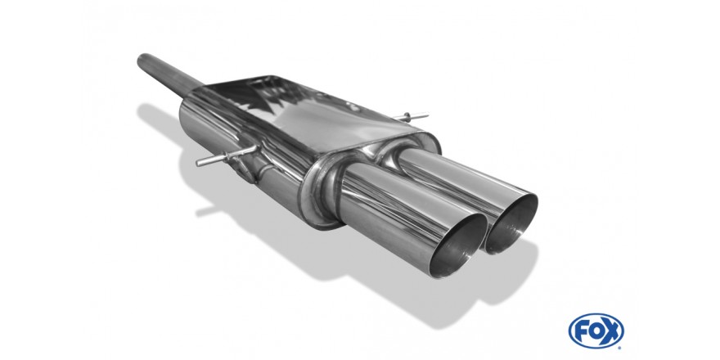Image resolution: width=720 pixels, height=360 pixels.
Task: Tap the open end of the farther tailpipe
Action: (511, 224)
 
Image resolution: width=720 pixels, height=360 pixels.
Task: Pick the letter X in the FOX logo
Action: (612, 331)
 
